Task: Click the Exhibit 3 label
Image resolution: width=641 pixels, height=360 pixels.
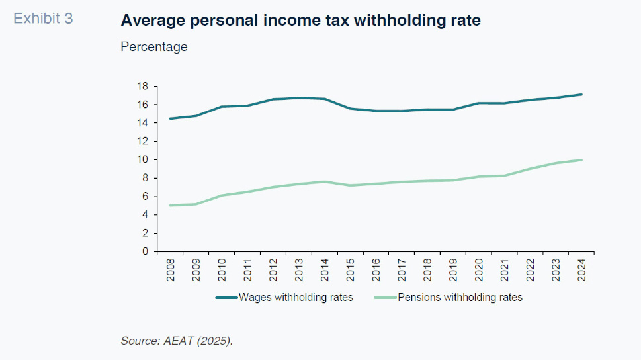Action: pos(43,19)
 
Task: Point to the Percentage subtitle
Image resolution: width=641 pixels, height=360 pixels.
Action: pos(154,47)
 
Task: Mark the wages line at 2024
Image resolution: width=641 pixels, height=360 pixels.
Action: pos(581,94)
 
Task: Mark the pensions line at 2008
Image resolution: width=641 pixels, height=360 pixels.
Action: pos(171,205)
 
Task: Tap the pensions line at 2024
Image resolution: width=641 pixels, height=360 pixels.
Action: pos(581,159)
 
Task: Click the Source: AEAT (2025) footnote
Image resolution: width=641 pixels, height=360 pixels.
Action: pos(177,341)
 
